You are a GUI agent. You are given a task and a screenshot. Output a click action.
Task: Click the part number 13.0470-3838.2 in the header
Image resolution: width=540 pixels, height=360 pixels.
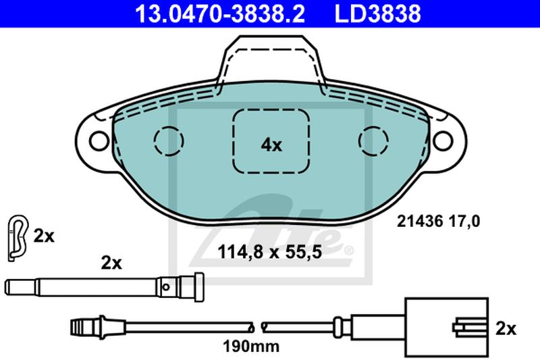[220, 14]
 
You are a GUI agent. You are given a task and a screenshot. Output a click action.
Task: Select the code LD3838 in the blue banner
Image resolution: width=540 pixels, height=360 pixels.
[378, 14]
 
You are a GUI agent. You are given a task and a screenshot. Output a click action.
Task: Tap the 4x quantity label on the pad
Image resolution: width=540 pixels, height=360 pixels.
[271, 145]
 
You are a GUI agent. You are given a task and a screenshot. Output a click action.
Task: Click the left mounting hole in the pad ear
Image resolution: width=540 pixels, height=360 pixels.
[99, 141]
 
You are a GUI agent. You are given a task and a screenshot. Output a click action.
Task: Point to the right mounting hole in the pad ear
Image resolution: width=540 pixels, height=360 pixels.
[443, 141]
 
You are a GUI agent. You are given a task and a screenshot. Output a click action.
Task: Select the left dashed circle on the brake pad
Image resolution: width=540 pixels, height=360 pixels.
[169, 141]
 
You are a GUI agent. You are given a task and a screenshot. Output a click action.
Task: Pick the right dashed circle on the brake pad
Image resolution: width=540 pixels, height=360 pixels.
[373, 141]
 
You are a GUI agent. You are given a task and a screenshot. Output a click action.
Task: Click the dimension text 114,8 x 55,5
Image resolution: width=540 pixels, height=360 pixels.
[269, 252]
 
